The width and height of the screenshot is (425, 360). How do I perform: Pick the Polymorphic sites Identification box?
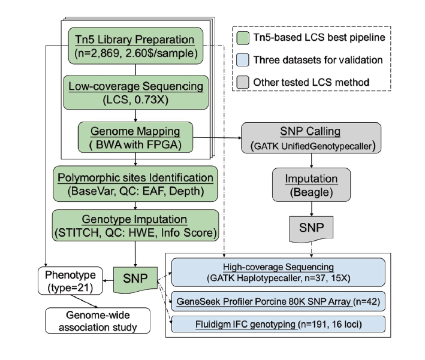click(x=134, y=184)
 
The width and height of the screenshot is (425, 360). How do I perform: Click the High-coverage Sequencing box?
click(x=278, y=270)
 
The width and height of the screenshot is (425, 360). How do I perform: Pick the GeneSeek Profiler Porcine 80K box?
click(x=278, y=300)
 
